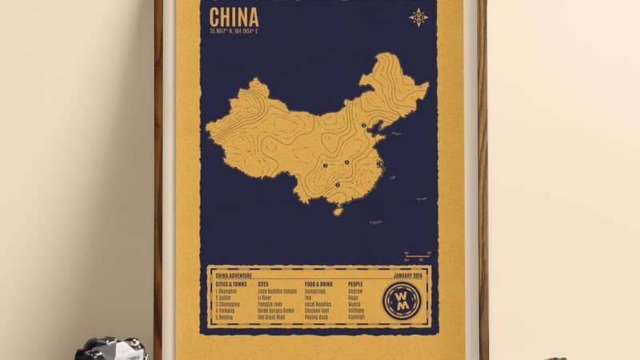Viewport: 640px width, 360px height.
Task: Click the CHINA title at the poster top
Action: coord(234,17)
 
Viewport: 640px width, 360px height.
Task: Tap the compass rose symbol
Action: coord(418,17)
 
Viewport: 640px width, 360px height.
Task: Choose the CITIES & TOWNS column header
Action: coord(233,284)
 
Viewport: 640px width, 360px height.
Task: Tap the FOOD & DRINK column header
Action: coord(319,284)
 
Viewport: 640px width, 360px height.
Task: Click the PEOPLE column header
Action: coord(357,284)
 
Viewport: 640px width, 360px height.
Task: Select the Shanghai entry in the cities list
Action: coord(227,291)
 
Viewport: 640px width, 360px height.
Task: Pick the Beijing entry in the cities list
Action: coord(226,318)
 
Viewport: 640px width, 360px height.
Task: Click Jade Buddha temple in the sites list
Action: coord(277,291)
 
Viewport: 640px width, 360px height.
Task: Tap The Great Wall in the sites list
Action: coord(274,318)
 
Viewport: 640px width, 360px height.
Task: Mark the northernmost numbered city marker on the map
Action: coord(363,126)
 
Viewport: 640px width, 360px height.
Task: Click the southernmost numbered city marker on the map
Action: coord(338,185)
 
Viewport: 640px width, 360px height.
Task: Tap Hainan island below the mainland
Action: coord(338,210)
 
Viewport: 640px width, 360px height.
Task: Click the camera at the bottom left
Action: coord(112,350)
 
